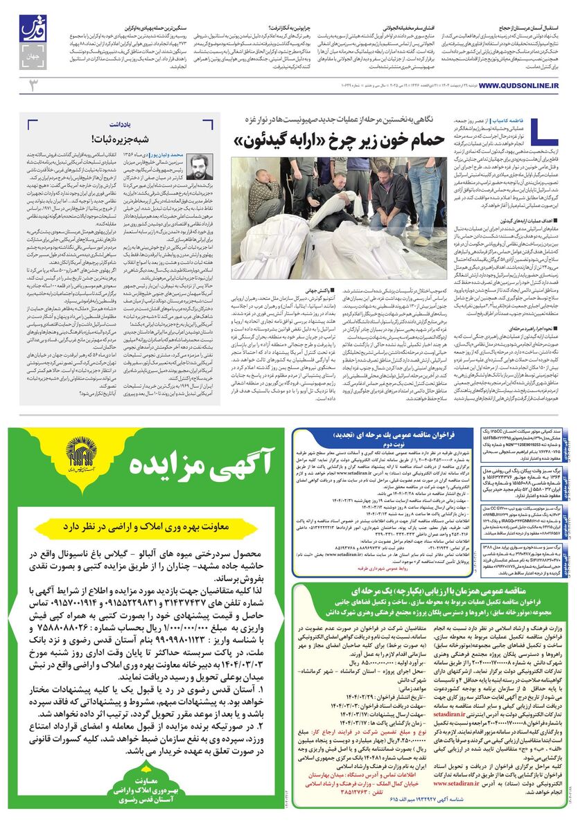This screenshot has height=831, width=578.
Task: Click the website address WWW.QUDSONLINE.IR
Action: click(518, 85)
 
